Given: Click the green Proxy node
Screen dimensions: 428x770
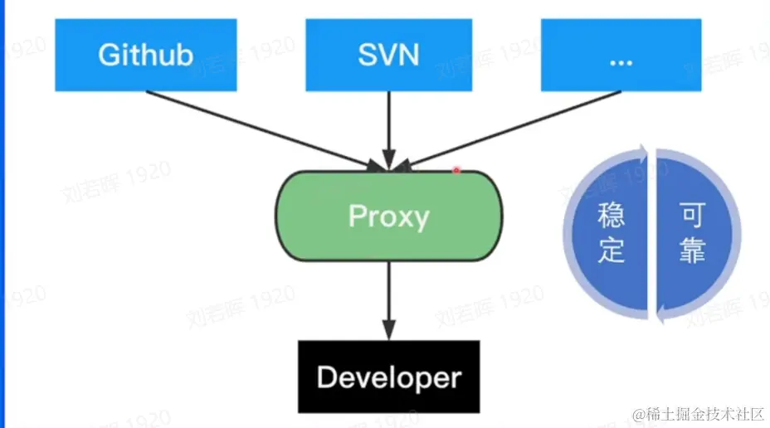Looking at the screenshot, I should (x=388, y=216).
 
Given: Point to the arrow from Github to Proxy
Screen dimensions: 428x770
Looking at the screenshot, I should (x=257, y=129).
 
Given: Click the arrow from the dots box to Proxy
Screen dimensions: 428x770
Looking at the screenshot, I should (x=514, y=129).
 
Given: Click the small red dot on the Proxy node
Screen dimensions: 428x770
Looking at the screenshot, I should (x=456, y=170).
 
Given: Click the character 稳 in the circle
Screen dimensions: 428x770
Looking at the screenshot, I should (x=612, y=217).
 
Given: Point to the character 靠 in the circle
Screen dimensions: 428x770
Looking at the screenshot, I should (x=692, y=251).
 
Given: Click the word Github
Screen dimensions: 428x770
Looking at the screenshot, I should (x=146, y=55).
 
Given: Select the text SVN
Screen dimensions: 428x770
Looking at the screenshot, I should (x=388, y=55).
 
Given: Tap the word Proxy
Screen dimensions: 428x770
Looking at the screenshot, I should (x=388, y=216).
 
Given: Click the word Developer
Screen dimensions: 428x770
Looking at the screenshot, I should (x=388, y=378).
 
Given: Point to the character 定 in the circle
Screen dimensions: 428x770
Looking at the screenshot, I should (x=612, y=251).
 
